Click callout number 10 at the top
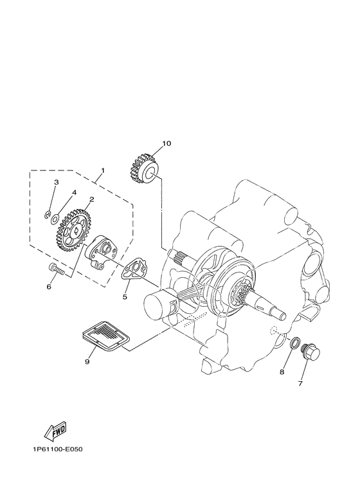(166, 143)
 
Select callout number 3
(56, 183)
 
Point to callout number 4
(74, 192)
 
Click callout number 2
(92, 200)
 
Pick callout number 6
(48, 287)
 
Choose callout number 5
(125, 298)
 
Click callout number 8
(282, 371)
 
